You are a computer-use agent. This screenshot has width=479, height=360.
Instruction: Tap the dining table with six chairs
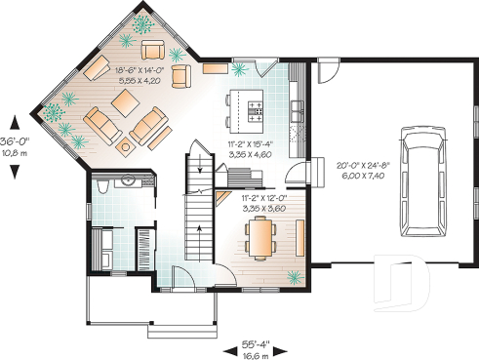[x=260, y=236]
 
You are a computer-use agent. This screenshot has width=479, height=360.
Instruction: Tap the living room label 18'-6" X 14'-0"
[x=138, y=70]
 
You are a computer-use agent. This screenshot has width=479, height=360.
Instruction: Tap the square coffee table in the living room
[x=127, y=148]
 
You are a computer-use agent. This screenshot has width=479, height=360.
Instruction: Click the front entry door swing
[x=181, y=277]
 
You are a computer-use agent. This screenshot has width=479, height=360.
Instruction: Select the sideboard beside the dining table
[x=299, y=237]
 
